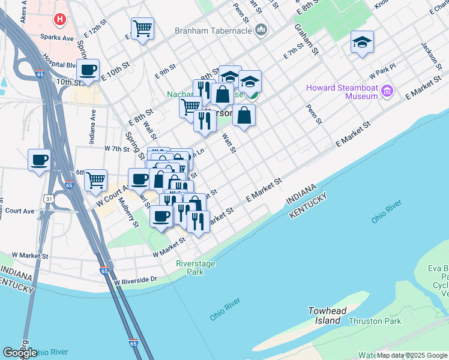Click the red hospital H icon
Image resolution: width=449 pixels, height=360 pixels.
pyautogui.click(x=60, y=20)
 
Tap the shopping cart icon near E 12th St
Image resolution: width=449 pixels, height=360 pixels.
pyautogui.click(x=142, y=28)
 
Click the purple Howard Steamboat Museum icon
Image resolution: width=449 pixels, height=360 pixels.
pyautogui.click(x=387, y=91)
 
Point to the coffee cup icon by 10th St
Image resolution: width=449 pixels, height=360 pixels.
pyautogui.click(x=88, y=69)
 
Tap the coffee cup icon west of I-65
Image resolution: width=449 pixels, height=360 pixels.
pyautogui.click(x=39, y=160)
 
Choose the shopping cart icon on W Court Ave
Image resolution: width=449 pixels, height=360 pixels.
pyautogui.click(x=95, y=180)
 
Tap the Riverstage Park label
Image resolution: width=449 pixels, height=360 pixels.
pyautogui.click(x=196, y=268)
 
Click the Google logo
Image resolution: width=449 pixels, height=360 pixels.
pyautogui.click(x=20, y=353)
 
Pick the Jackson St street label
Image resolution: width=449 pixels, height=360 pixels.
pyautogui.click(x=429, y=55)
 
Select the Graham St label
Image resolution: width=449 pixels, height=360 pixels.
pyautogui.click(x=305, y=40)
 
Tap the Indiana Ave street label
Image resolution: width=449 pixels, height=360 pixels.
pyautogui.click(x=93, y=122)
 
